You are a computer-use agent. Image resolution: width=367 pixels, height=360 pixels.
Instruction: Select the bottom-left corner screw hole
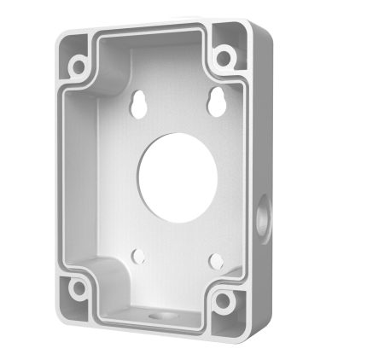pyautogui.click(x=79, y=287)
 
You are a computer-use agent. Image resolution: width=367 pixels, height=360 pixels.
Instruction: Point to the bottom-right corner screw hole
pyautogui.click(x=224, y=299)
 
